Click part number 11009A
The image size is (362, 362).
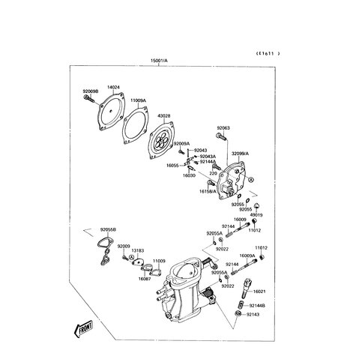[x=137, y=100]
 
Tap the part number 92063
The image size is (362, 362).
[x=224, y=128]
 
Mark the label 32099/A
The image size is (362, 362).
[x=240, y=153]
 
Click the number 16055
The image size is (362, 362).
[x=173, y=165]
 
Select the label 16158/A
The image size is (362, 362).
[x=208, y=191]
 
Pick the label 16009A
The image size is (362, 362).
[x=248, y=255]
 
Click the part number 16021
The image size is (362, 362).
[x=259, y=291]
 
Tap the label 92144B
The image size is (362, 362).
[x=257, y=306]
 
